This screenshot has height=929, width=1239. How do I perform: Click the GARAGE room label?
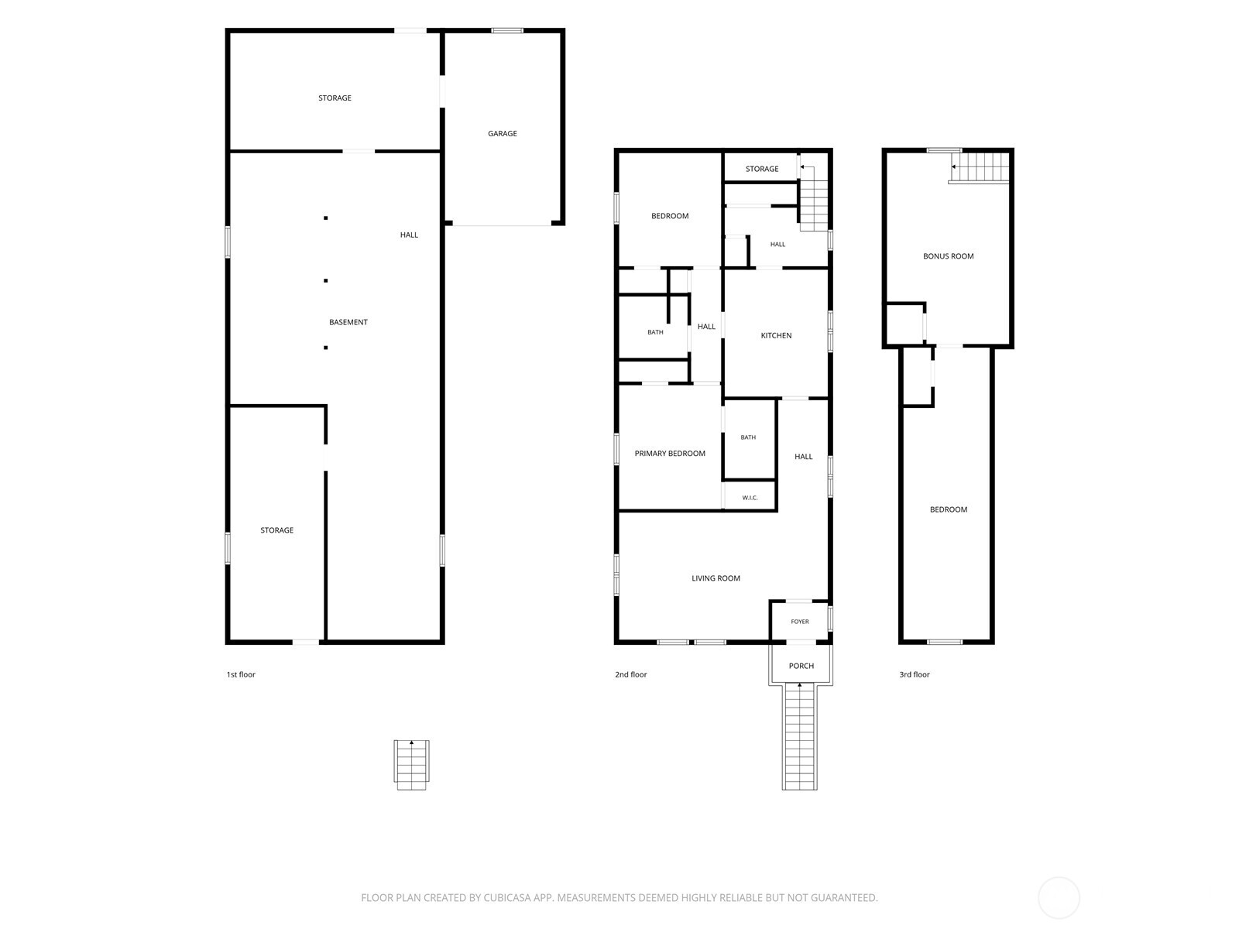[502, 134]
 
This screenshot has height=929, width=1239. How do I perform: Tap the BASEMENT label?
[348, 322]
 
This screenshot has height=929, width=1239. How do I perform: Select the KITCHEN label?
[776, 336]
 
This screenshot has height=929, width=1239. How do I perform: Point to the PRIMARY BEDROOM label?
[670, 454]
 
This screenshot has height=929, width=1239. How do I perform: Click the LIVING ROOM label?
[716, 578]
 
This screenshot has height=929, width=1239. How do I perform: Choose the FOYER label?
[800, 622]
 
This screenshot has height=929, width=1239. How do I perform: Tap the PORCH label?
[801, 666]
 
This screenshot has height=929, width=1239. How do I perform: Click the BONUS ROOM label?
[949, 256]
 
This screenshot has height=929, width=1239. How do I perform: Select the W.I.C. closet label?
[750, 498]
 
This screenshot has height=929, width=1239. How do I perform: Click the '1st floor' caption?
[241, 674]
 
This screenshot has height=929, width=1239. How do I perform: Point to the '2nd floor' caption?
[630, 674]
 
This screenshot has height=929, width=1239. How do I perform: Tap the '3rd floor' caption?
[915, 674]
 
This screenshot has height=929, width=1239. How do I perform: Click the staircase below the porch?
[799, 737]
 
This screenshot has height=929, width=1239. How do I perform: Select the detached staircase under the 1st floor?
[411, 765]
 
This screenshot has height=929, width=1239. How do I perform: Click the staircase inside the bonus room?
[979, 167]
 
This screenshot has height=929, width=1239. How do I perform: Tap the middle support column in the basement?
[326, 280]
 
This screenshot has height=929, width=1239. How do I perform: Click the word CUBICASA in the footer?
[507, 898]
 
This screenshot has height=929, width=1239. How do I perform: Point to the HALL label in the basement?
[409, 235]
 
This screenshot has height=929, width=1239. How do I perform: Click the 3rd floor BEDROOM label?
[949, 510]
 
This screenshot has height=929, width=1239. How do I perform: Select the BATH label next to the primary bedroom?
[748, 437]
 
